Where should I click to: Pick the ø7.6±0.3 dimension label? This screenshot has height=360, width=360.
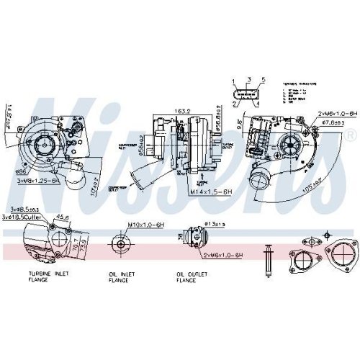[x=337, y=122]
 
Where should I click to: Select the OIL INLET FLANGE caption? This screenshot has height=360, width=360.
[x=118, y=278]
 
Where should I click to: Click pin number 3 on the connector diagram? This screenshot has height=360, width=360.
[x=247, y=78]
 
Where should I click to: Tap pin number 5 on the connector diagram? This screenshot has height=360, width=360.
[x=263, y=78]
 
